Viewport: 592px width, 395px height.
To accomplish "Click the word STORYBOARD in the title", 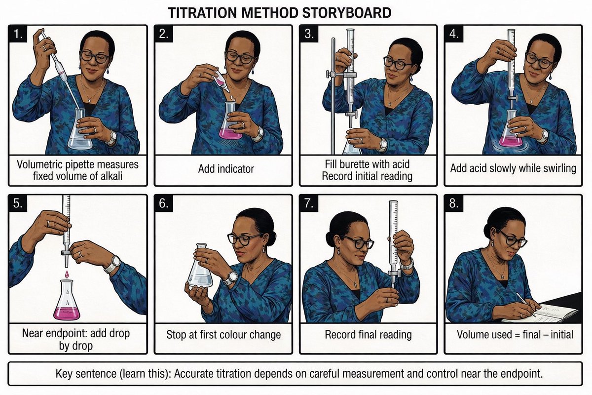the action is [346, 13].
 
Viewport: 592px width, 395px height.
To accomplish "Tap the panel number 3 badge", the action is [309, 34].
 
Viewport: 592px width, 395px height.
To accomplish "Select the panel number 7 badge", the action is [309, 203].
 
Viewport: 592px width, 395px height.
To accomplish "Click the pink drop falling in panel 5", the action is [67, 274].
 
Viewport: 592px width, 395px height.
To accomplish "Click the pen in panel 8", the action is [526, 304].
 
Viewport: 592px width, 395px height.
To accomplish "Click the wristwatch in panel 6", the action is [231, 278].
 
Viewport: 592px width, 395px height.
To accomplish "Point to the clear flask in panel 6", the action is [200, 266].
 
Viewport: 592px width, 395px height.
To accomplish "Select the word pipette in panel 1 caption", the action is [80, 164].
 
